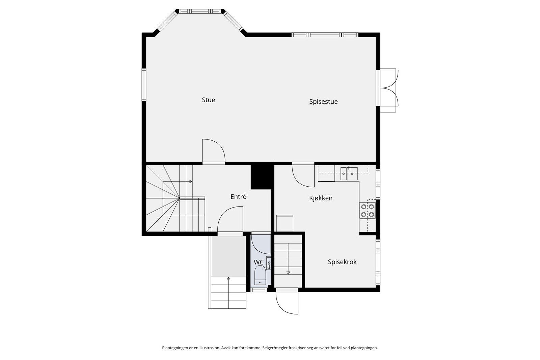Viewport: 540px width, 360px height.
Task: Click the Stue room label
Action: point(208,100)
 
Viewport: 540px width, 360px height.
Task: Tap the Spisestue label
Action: point(323,102)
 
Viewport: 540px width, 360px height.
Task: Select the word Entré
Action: point(238,197)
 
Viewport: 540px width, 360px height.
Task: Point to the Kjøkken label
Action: point(321,198)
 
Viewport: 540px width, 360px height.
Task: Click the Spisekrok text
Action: point(342,262)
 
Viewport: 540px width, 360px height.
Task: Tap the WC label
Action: point(259,262)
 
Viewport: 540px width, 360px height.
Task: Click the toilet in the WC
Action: point(260,275)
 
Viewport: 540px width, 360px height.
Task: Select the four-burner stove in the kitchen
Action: point(368,211)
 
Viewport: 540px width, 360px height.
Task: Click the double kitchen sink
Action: point(349,173)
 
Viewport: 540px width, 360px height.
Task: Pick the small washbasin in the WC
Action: point(269,262)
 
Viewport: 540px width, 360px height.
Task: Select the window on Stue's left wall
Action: point(144,85)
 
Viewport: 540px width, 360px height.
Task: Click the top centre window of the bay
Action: point(200,11)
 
